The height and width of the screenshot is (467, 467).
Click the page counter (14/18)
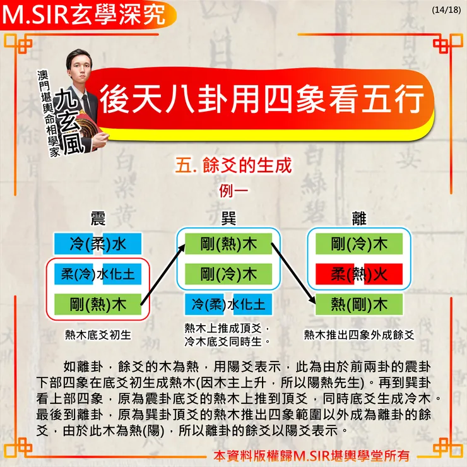coord(446,10)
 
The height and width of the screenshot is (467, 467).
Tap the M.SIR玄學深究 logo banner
coord(88,15)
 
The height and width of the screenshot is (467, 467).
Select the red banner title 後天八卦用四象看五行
coord(261,98)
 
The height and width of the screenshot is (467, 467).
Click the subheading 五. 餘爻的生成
coord(233,165)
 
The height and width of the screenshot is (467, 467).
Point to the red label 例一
coord(233,191)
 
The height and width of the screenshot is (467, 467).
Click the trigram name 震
coord(98,218)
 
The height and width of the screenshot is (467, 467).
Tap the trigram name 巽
coord(228,218)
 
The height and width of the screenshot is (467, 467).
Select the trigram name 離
coord(359,218)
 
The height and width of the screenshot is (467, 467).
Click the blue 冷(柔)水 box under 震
coord(98,244)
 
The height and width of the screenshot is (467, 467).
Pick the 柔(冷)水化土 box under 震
coord(98,274)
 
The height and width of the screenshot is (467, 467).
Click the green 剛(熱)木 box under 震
coord(98,304)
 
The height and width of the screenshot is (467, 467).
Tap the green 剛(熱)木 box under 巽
coord(228,244)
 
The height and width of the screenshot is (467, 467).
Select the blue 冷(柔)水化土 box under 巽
coord(228,304)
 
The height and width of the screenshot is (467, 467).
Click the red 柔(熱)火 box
coord(359,274)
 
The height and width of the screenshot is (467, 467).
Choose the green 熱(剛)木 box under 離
coord(359,304)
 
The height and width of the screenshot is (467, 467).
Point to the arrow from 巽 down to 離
coord(293,274)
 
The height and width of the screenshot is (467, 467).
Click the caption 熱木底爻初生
coord(98,335)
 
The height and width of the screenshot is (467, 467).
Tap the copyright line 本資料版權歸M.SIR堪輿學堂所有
coord(312,456)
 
